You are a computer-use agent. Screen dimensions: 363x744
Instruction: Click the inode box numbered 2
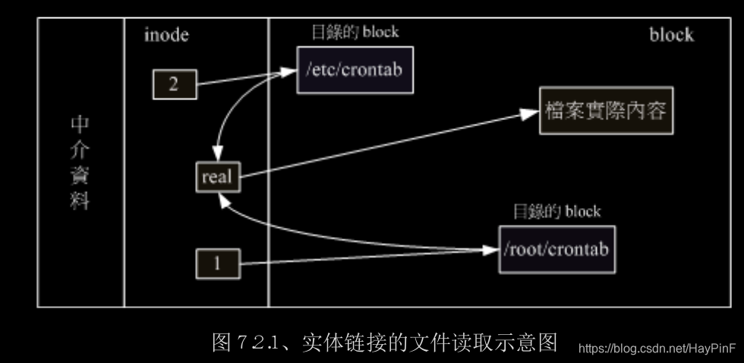coord(174,84)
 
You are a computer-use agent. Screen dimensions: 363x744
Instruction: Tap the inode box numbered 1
coord(217,264)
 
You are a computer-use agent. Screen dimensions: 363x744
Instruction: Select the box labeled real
coord(216,177)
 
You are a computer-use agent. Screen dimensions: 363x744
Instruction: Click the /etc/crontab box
coord(355,71)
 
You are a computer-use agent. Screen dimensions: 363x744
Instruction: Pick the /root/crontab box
coord(556,249)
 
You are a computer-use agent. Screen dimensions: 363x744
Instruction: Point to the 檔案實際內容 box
coord(605,112)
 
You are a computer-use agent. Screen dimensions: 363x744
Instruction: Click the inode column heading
coord(166,35)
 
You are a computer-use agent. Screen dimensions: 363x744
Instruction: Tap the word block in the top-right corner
coord(671,35)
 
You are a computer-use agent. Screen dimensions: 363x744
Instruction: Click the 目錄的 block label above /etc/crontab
coord(355,33)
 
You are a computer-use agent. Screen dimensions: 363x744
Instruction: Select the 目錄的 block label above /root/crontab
coord(557,211)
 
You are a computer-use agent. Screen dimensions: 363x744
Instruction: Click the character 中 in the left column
coord(80,125)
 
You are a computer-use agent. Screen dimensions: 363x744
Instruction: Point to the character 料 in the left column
coord(80,201)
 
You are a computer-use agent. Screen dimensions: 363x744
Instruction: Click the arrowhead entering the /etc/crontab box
coord(288,72)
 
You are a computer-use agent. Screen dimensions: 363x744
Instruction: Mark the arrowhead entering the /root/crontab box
coord(490,250)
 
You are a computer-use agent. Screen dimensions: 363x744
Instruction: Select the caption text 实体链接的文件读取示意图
coord(429,343)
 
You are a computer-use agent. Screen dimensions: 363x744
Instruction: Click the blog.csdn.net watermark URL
coord(657,349)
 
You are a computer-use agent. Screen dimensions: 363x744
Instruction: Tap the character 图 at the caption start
coord(222,343)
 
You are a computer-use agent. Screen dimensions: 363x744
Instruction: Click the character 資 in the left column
coord(80,175)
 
